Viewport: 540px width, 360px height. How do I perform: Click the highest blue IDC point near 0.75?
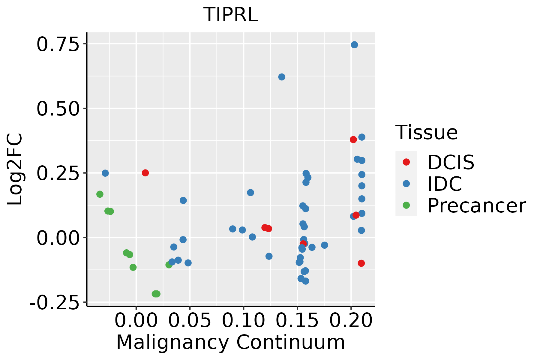(x=354, y=45)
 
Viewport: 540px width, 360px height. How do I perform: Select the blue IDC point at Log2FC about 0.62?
(x=282, y=77)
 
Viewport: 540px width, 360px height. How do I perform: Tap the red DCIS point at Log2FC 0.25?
(x=145, y=173)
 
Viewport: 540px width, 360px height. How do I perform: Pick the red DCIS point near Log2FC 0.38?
(x=353, y=139)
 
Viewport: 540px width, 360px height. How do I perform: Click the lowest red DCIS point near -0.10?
(x=361, y=263)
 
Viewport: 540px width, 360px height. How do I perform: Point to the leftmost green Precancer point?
(x=100, y=194)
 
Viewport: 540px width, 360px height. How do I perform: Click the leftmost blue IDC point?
(x=105, y=173)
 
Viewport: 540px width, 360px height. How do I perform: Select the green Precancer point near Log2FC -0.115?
(x=133, y=267)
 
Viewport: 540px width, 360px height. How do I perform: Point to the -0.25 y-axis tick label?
(x=55, y=303)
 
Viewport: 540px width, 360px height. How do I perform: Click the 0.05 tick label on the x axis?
(x=190, y=321)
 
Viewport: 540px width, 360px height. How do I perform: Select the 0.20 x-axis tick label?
(x=351, y=321)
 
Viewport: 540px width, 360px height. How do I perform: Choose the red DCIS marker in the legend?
(x=406, y=162)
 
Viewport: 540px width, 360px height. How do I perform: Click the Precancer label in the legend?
(x=476, y=206)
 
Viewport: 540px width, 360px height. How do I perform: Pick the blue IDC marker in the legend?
(x=406, y=184)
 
